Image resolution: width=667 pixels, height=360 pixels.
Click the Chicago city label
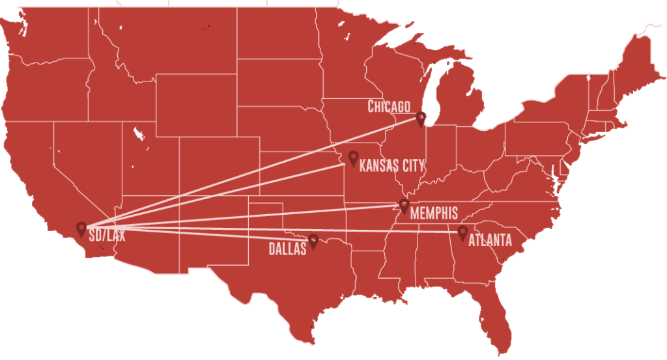(x=389, y=106)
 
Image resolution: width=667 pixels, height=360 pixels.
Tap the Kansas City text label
(x=391, y=165)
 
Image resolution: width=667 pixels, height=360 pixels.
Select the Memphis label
(x=434, y=214)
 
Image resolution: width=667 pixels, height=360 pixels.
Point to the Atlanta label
(x=490, y=241)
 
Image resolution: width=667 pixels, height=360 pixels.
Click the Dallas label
(x=287, y=249)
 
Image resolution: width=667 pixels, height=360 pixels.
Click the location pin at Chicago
(x=421, y=118)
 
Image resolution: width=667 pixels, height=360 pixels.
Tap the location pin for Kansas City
(x=353, y=158)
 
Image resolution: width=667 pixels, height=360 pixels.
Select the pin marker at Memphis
(x=404, y=206)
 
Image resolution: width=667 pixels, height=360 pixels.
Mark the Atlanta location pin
(x=462, y=232)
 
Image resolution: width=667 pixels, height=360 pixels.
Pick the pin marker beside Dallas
(x=313, y=242)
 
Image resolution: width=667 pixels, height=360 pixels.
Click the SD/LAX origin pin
(x=81, y=228)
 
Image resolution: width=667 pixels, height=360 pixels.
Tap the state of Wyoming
(x=195, y=104)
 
